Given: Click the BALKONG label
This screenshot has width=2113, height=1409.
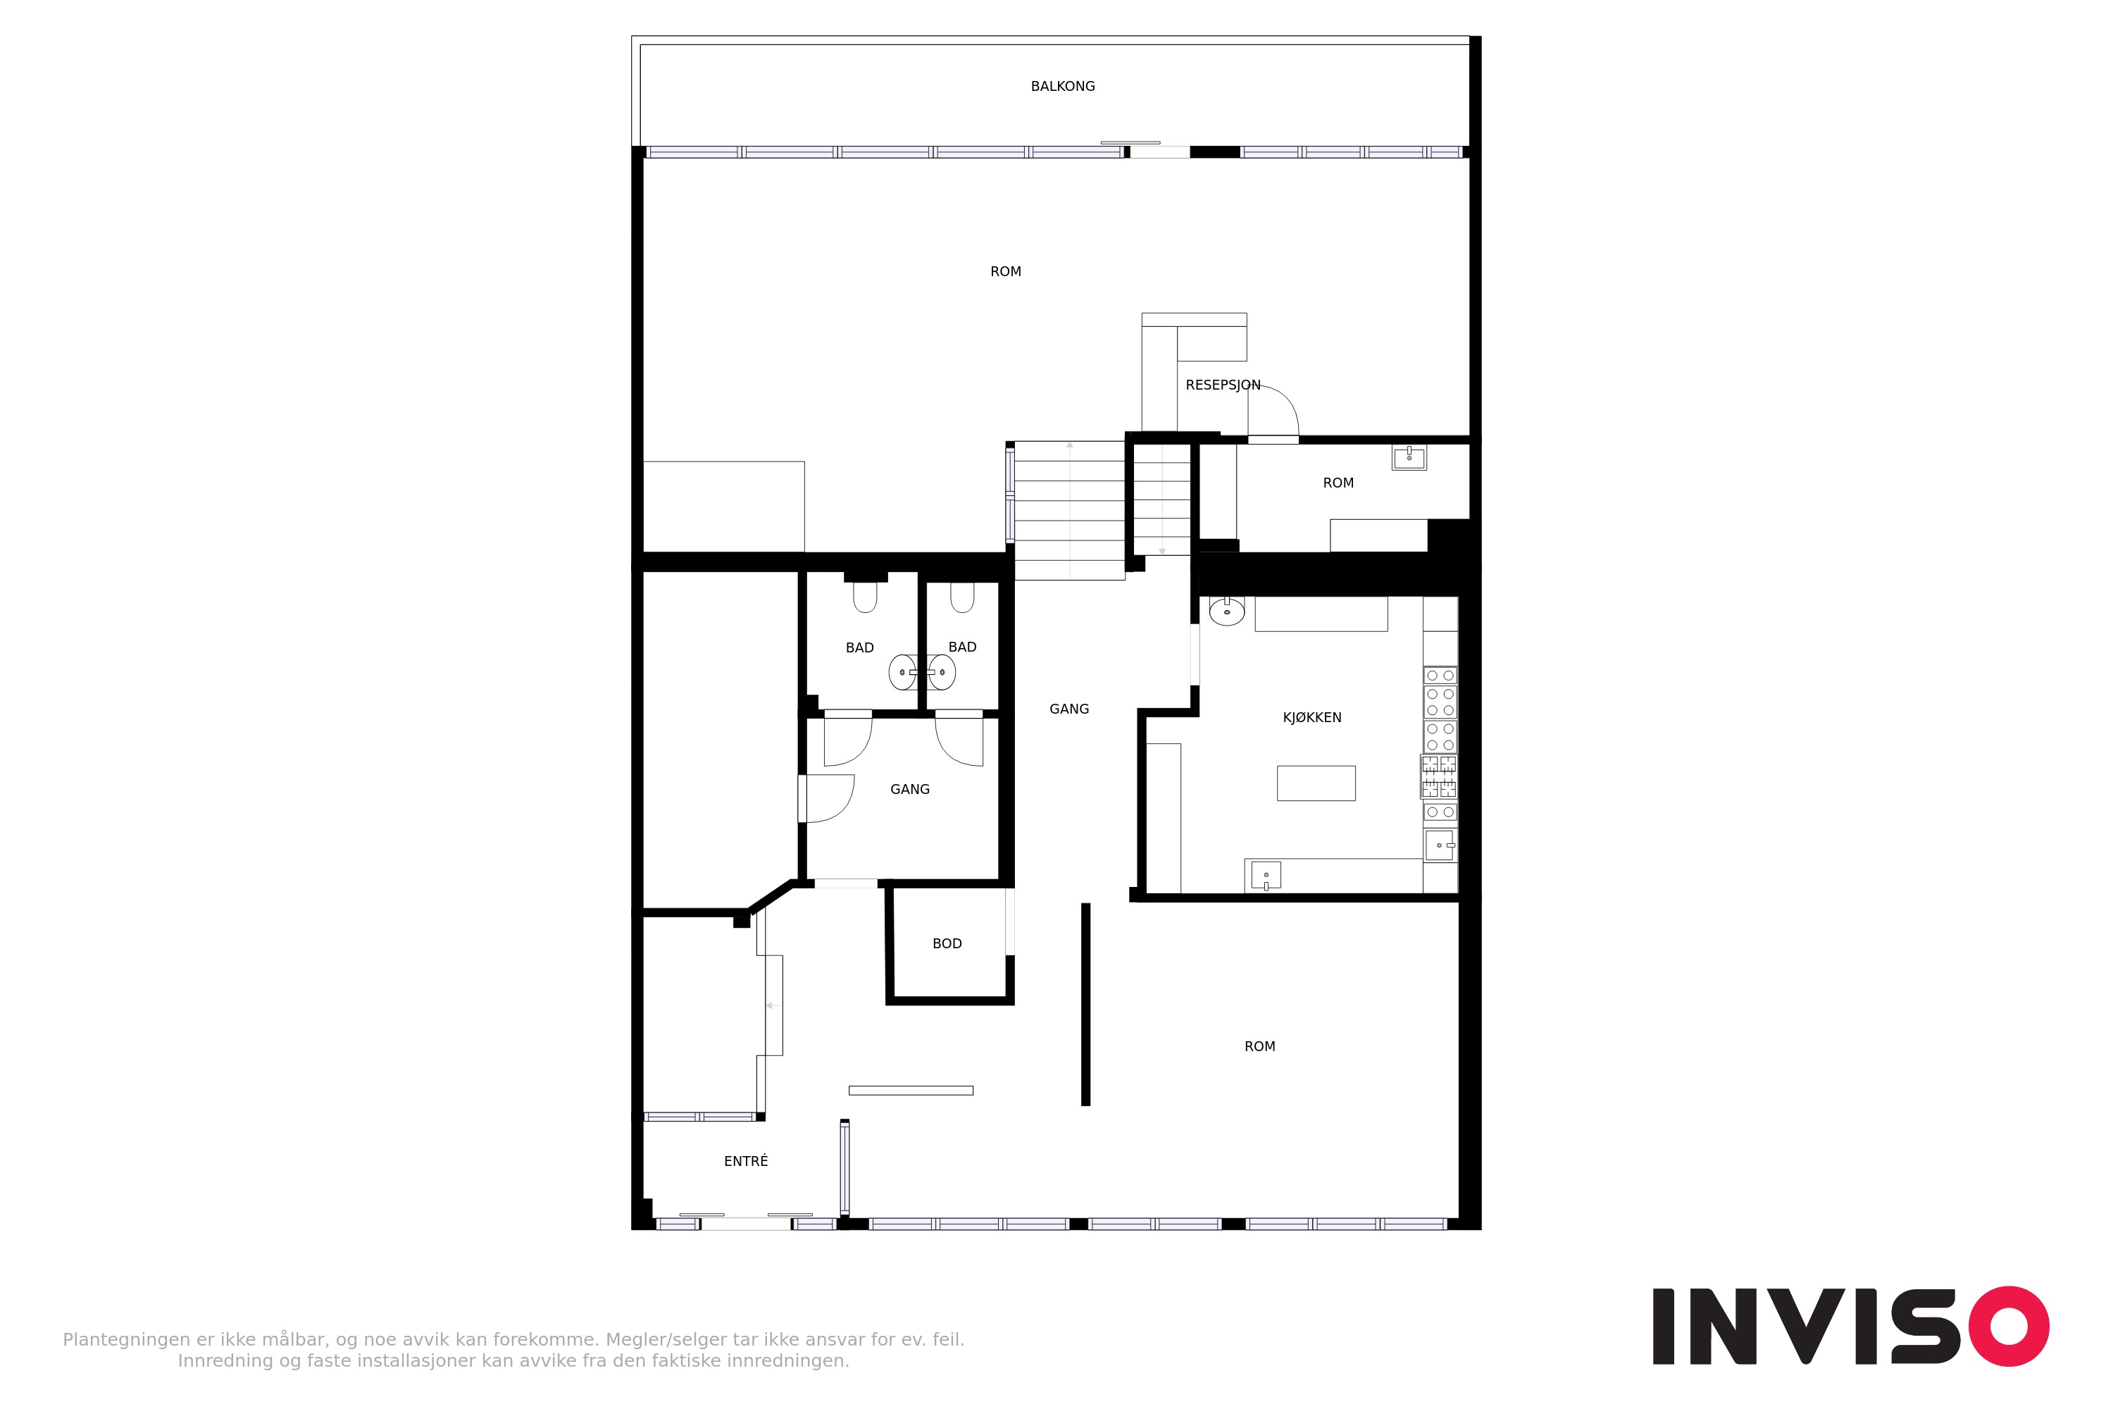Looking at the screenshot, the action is pyautogui.click(x=1063, y=86).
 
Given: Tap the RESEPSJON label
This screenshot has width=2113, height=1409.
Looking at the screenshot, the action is pyautogui.click(x=1223, y=385).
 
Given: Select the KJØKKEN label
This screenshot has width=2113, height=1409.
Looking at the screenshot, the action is pyautogui.click(x=1311, y=717).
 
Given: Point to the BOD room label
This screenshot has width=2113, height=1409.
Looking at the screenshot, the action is pyautogui.click(x=947, y=943).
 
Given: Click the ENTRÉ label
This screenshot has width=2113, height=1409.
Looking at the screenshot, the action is pyautogui.click(x=746, y=1161).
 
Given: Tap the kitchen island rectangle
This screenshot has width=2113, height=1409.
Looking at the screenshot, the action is pyautogui.click(x=1316, y=783).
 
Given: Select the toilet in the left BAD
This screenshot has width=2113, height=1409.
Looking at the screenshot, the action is pyautogui.click(x=865, y=597).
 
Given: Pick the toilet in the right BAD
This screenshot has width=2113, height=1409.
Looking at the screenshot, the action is pyautogui.click(x=962, y=597).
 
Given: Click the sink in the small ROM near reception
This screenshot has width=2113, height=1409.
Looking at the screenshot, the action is pyautogui.click(x=1409, y=457).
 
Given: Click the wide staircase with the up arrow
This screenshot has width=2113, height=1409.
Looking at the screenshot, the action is pyautogui.click(x=1069, y=509).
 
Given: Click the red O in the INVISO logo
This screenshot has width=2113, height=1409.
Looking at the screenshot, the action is pyautogui.click(x=2009, y=1327).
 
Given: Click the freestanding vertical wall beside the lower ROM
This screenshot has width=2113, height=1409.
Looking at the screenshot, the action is pyautogui.click(x=1085, y=1005).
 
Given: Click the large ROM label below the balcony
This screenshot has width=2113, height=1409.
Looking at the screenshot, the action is pyautogui.click(x=1005, y=271).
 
